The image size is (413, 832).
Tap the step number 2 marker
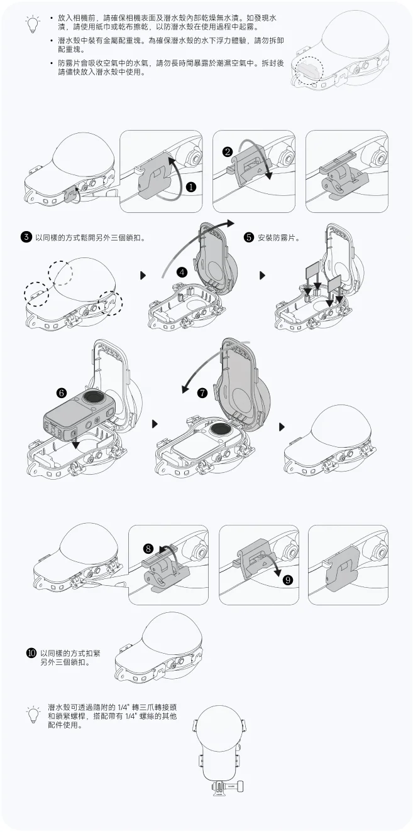tap(227, 151)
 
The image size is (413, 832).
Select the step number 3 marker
tap(26, 237)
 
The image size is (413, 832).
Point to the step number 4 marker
tap(182, 273)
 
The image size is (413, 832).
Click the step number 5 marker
tap(249, 237)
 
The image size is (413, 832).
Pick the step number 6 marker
tap(62, 392)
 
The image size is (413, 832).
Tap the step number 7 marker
tap(202, 392)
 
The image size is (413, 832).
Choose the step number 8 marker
tap(148, 549)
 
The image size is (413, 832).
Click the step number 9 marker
tap(288, 580)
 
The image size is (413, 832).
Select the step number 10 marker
tap(31, 652)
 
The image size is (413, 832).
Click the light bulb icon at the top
tap(33, 24)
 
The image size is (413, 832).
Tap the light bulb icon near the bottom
tap(33, 713)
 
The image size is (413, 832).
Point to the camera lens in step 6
tap(93, 397)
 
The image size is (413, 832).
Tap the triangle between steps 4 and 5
tap(262, 276)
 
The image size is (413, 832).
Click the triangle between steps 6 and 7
tap(155, 424)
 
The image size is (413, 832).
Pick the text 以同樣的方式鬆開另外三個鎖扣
tap(91, 238)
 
